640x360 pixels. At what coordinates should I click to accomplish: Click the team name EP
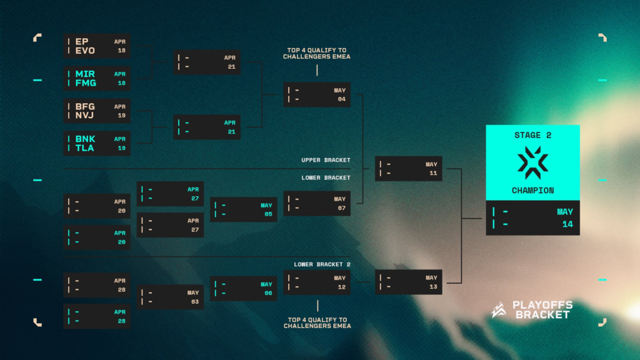(x=82, y=42)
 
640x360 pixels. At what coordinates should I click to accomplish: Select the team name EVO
(x=86, y=51)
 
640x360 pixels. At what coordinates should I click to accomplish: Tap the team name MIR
(x=85, y=74)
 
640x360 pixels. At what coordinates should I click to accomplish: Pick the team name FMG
(x=86, y=82)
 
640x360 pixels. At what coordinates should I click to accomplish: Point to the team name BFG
(x=85, y=106)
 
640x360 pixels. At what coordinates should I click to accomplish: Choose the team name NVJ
(x=85, y=116)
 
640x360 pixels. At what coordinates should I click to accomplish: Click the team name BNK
(x=85, y=139)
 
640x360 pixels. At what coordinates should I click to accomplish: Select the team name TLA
(x=85, y=148)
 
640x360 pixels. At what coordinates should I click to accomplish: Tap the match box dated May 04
(x=317, y=94)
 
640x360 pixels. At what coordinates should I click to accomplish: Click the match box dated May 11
(x=408, y=169)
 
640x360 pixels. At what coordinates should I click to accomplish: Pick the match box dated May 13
(x=408, y=282)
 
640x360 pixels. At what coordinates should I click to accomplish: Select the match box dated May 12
(x=317, y=282)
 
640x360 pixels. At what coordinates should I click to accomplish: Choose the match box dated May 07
(x=317, y=204)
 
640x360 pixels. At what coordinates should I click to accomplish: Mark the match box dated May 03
(x=170, y=297)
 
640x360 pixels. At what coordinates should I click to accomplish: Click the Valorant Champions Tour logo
(x=532, y=162)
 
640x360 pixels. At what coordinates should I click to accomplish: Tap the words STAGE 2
(x=532, y=135)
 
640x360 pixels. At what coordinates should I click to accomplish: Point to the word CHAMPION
(x=532, y=190)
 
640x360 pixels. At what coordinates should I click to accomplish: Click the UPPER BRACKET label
(x=326, y=160)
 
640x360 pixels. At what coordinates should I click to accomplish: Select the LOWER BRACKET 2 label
(x=322, y=264)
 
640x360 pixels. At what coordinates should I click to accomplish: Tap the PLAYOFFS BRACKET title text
(x=542, y=310)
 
